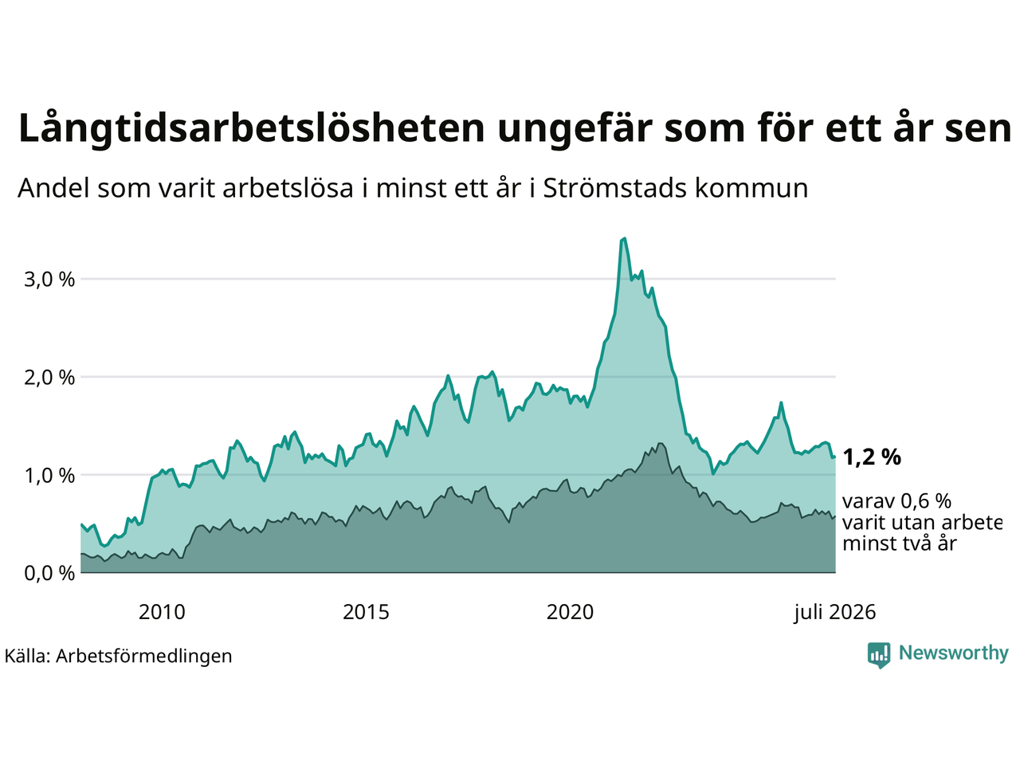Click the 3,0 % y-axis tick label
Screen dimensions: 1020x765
coord(49,280)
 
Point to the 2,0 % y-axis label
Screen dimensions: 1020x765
coord(49,378)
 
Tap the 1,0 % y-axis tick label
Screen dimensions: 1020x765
coord(49,476)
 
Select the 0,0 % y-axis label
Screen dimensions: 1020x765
coord(49,574)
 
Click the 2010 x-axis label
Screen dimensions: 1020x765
coord(162,612)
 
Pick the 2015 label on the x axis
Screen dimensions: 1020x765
coord(366,612)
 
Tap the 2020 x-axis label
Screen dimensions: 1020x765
coord(570,612)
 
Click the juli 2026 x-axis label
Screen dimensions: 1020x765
coord(835,613)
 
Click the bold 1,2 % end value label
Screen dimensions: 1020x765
coord(872,457)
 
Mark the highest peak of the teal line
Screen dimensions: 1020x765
coord(625,238)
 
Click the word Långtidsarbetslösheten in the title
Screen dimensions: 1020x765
coord(251,128)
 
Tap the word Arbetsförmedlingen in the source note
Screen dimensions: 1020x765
coord(143,657)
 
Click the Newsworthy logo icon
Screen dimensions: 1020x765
coord(879,655)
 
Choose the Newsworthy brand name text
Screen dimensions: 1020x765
coord(954,653)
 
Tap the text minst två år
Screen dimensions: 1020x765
coord(900,543)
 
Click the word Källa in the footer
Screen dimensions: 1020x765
coord(27,656)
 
